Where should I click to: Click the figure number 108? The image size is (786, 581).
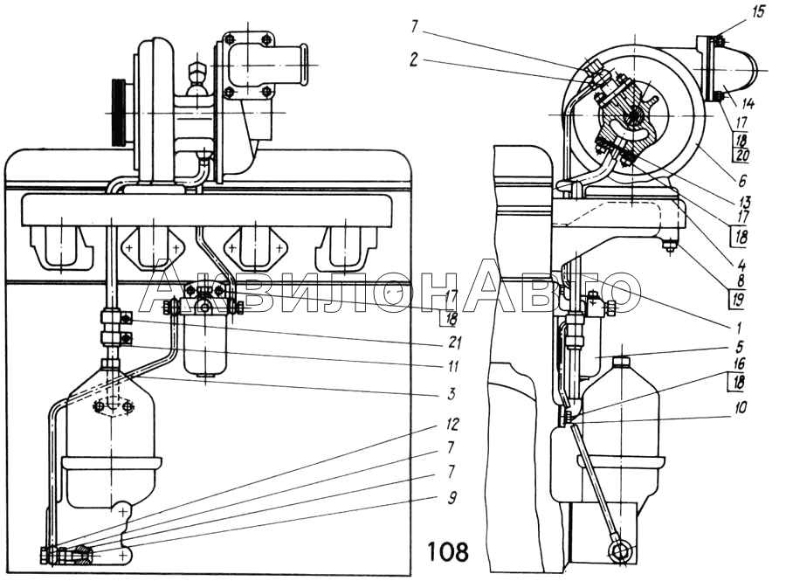(x=448, y=551)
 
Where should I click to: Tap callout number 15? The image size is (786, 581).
(x=759, y=11)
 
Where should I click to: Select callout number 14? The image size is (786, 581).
(x=748, y=103)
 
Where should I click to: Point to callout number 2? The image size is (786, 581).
(x=413, y=60)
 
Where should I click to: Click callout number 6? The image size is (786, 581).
(x=741, y=180)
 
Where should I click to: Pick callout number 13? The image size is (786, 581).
(x=744, y=202)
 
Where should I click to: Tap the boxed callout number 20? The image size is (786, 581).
(x=741, y=156)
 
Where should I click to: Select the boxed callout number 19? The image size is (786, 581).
(x=737, y=300)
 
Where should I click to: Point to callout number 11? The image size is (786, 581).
(x=452, y=366)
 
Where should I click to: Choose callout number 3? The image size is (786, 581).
(x=452, y=393)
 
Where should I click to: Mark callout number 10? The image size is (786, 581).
(x=740, y=406)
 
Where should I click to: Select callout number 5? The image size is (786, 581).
(x=739, y=346)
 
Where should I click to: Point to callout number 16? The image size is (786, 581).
(x=739, y=363)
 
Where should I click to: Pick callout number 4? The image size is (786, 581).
(x=741, y=264)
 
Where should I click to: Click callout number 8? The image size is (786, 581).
(x=741, y=280)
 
